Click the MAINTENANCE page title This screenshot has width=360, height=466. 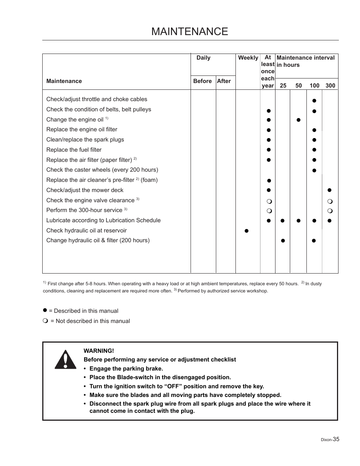tap(189, 31)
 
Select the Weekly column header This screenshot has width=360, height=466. tap(248, 58)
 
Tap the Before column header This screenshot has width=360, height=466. tap(202, 81)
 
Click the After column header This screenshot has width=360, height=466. tap(223, 81)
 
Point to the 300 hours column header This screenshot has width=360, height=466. tap(330, 86)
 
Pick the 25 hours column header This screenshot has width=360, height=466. tap(283, 86)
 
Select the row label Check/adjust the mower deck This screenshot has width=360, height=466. tap(85, 190)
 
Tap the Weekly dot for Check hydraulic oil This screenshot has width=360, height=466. tap(246, 231)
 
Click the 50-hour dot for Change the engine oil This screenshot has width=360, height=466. tap(298, 120)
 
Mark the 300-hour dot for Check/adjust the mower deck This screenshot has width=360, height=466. tap(329, 190)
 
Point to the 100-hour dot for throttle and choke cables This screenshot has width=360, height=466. tap(314, 101)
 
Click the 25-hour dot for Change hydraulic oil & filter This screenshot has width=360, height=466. tap(283, 241)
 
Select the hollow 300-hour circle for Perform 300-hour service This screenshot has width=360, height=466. tap(329, 211)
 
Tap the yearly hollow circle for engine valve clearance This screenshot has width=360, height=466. tap(269, 201)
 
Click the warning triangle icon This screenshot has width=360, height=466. tap(65, 360)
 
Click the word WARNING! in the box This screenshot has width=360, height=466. tap(99, 351)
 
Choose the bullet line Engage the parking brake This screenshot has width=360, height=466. tap(126, 369)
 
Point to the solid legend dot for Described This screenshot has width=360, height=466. tap(45, 310)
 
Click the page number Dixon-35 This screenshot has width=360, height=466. tap(330, 439)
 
